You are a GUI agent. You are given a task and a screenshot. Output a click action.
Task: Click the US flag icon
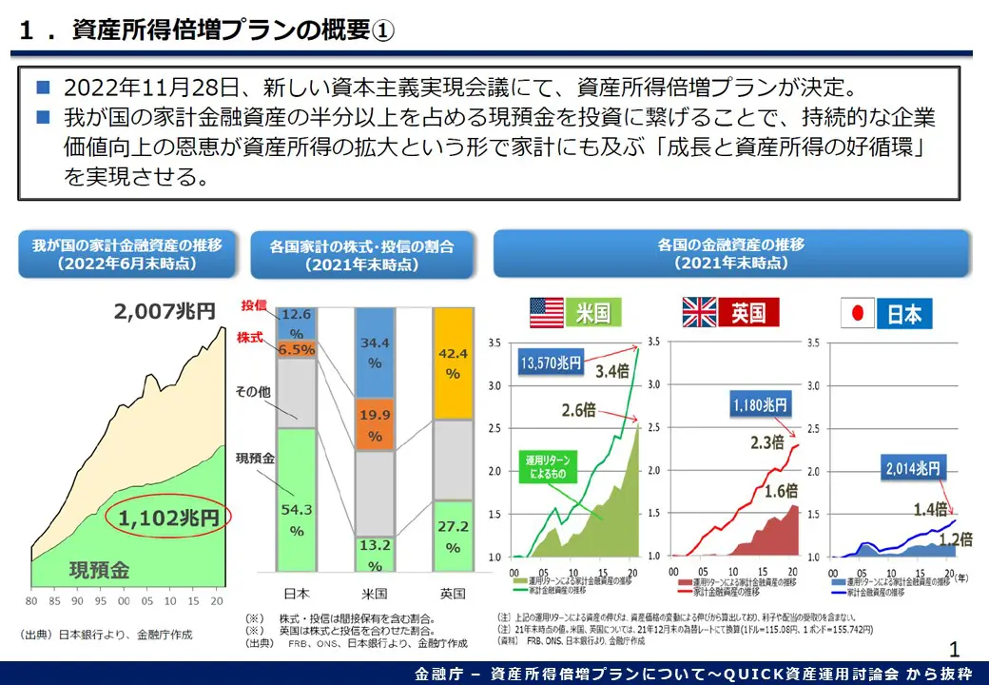547,312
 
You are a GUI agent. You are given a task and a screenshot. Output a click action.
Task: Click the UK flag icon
700,312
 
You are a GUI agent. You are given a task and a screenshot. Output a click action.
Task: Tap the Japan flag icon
859,313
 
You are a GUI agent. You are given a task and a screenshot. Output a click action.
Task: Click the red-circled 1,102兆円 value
168,519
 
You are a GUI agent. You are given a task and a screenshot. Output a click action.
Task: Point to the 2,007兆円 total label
165,311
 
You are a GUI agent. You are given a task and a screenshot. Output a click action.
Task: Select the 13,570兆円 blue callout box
551,362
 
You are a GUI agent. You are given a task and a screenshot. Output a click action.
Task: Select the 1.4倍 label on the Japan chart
929,510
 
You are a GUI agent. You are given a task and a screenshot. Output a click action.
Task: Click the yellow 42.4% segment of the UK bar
453,362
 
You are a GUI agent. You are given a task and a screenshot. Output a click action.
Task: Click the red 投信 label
253,305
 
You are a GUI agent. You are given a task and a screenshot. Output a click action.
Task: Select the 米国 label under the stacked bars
375,594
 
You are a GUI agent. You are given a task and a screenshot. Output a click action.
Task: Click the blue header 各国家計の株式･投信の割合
361,254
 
